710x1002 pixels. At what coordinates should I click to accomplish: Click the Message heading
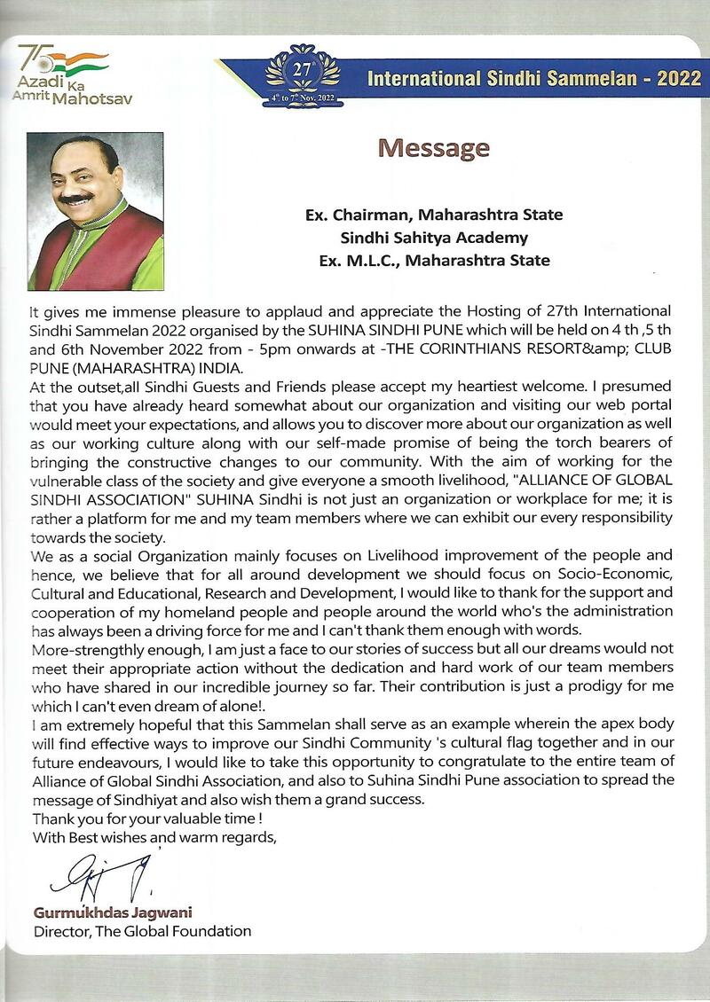[434, 147]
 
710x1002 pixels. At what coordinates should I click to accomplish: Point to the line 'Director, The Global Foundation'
[142, 931]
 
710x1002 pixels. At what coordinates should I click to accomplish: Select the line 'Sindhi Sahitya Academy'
[434, 238]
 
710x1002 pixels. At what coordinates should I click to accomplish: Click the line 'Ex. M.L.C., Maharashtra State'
[434, 261]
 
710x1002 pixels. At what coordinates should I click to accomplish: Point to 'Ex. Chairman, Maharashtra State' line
[434, 215]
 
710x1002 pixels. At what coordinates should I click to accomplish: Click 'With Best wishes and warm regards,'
[154, 836]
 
